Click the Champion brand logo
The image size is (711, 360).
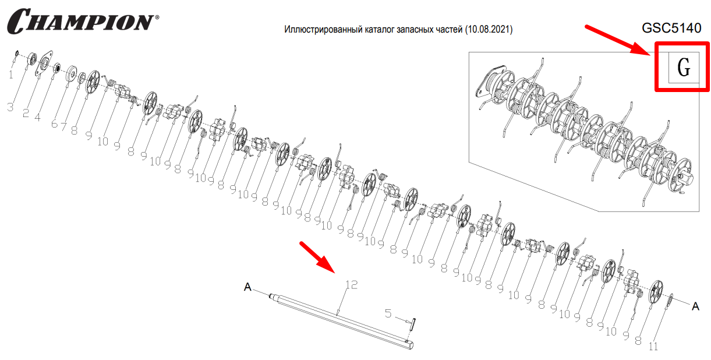[x=83, y=21]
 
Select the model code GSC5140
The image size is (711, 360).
[x=671, y=28]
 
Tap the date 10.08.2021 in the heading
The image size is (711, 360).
[x=488, y=29]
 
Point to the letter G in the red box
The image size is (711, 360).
[x=684, y=68]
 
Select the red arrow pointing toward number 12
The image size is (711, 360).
[x=317, y=257]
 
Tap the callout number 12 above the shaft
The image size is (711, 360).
[x=351, y=285]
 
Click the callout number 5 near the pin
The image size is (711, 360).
[x=388, y=313]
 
